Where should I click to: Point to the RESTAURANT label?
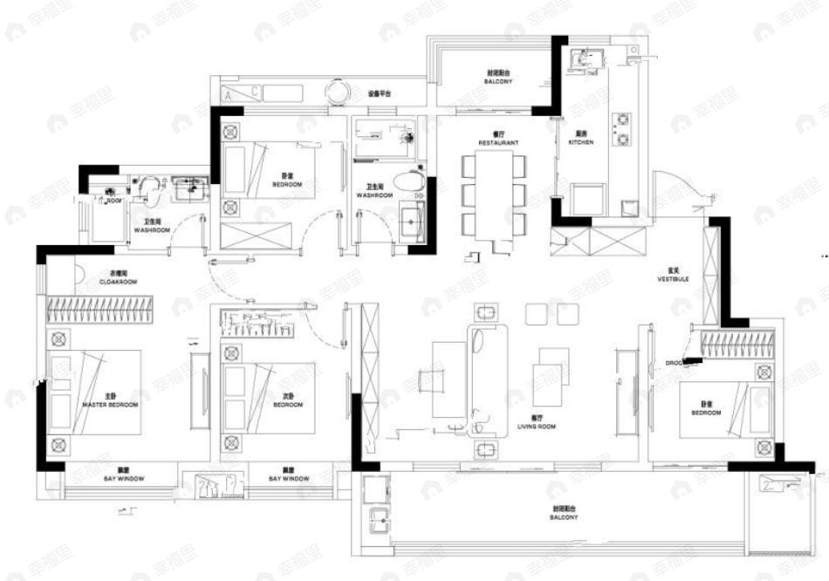[x=498, y=141]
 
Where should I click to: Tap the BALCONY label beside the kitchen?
[x=497, y=79]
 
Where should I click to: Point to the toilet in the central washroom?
[x=408, y=182]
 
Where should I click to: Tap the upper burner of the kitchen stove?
[x=624, y=119]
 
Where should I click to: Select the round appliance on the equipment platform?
[x=336, y=91]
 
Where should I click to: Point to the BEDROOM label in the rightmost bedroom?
[x=706, y=410]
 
